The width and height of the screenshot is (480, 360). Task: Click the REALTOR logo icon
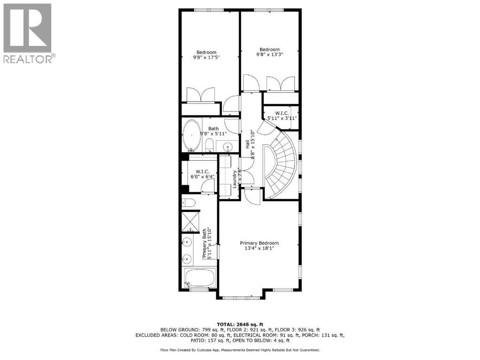tap(27, 28)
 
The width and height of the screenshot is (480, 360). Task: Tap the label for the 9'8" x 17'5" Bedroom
tap(206, 55)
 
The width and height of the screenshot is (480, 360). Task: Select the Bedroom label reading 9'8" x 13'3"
tap(269, 52)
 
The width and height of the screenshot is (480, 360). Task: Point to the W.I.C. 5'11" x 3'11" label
tap(282, 116)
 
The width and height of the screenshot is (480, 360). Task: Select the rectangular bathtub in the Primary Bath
tap(199, 277)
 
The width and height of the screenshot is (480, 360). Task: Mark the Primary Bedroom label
tap(259, 246)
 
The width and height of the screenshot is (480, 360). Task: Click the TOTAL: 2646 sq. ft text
tap(240, 324)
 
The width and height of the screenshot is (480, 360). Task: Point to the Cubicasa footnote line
tap(240, 350)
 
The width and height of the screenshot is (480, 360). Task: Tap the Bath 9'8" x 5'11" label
tap(213, 131)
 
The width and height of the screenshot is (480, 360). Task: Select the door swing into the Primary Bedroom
tap(252, 195)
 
